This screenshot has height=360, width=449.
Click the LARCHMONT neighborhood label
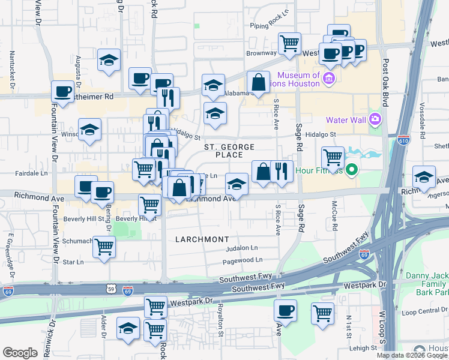202,239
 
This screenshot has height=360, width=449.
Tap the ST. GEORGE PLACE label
229,151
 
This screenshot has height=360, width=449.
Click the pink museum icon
328,79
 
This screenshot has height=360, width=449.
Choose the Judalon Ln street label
241,248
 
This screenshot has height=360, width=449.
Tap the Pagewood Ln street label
243,260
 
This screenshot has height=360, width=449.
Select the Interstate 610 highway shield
404,140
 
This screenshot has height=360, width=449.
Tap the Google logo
20,352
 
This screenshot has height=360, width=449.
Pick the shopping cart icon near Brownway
290,43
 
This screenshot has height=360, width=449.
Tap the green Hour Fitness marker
352,170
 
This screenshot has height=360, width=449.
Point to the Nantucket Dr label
12,66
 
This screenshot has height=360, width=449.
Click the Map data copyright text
412,355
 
